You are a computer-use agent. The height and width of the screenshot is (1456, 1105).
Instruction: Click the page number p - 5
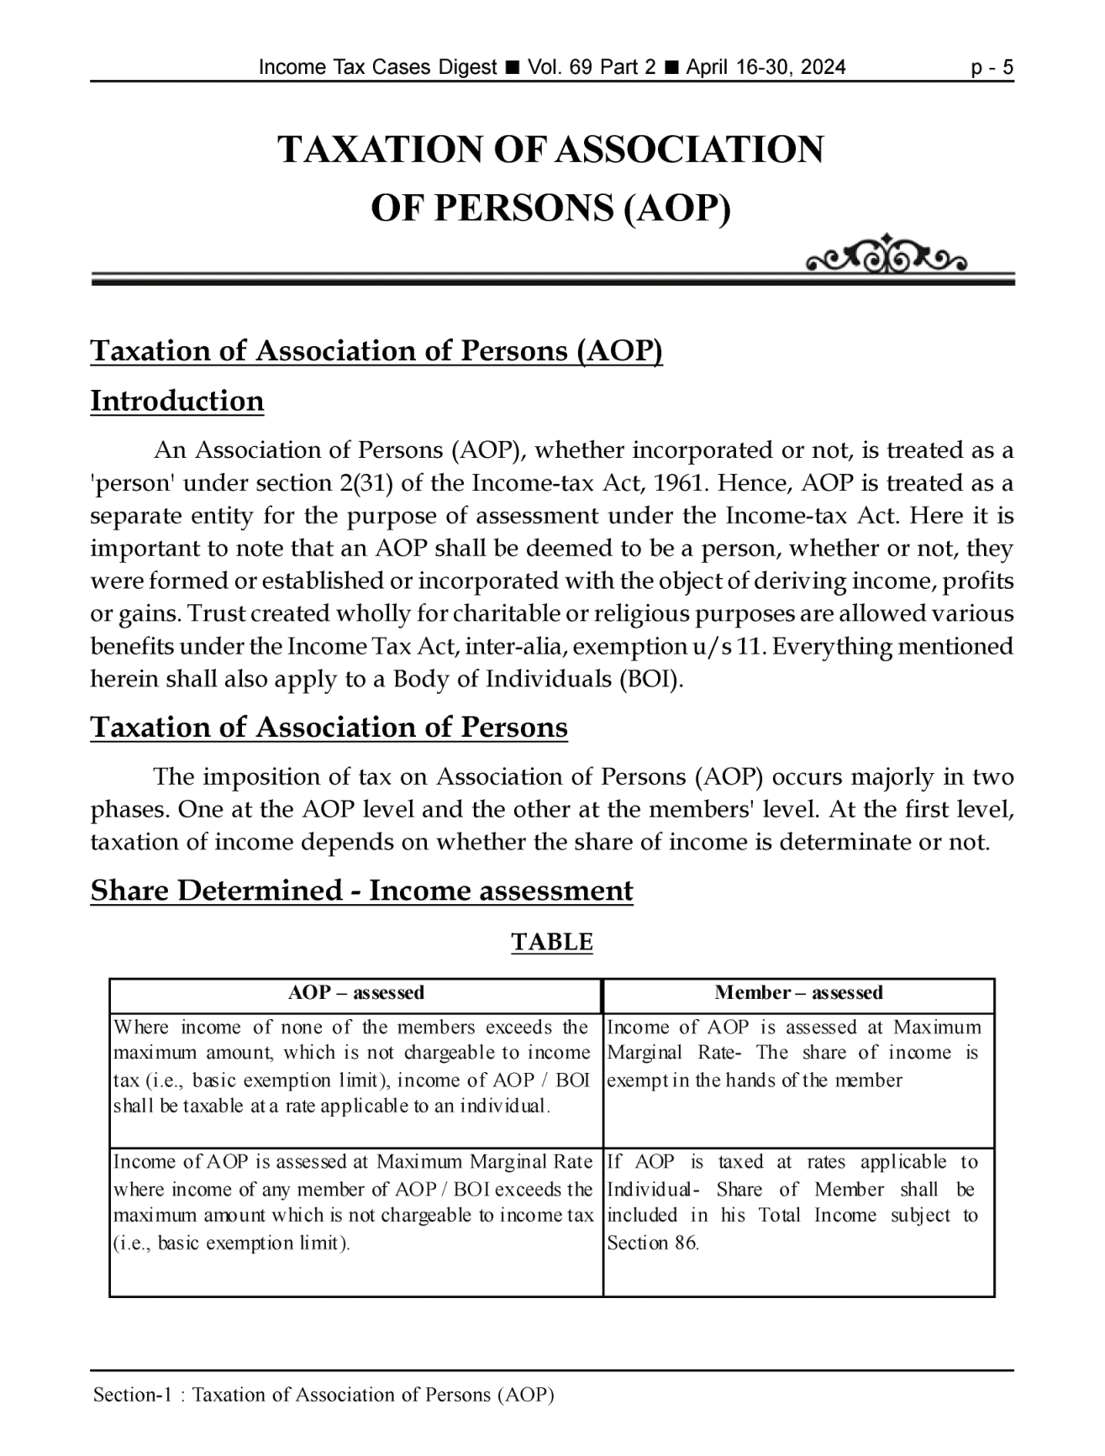pyautogui.click(x=992, y=67)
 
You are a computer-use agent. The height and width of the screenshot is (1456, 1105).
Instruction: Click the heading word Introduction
pyautogui.click(x=177, y=401)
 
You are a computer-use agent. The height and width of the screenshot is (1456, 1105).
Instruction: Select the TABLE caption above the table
pyautogui.click(x=552, y=942)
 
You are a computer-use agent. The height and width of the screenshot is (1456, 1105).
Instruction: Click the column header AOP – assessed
pyautogui.click(x=356, y=993)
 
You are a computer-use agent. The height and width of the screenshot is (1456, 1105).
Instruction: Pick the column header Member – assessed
pyautogui.click(x=798, y=993)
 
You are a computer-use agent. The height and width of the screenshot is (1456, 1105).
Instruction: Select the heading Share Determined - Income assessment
pyautogui.click(x=361, y=891)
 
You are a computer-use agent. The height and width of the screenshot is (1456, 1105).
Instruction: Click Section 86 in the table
pyautogui.click(x=652, y=1243)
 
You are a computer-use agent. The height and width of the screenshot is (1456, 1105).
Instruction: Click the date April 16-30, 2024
pyautogui.click(x=766, y=67)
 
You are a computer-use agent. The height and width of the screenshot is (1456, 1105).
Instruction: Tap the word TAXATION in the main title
pyautogui.click(x=379, y=150)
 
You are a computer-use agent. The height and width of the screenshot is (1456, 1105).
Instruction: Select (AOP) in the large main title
pyautogui.click(x=677, y=208)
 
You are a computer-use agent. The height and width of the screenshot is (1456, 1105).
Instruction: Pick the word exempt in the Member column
pyautogui.click(x=631, y=1080)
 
